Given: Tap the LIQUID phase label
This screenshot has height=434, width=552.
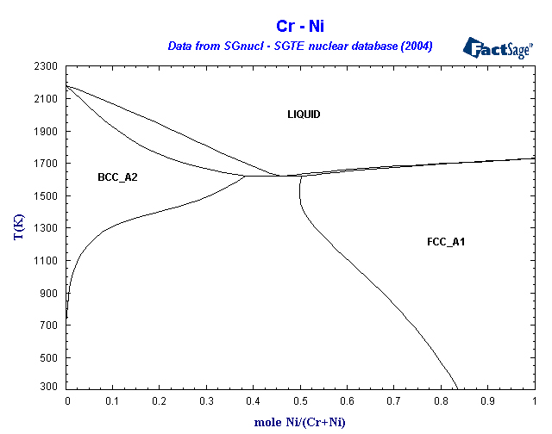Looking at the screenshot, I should [304, 115].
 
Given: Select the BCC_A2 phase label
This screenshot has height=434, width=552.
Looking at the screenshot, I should [118, 177].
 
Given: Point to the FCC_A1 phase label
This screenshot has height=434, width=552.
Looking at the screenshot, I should [446, 242].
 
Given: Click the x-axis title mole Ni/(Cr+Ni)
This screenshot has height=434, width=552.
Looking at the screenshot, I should [300, 423].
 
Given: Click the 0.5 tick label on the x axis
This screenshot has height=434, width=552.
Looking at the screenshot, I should [301, 401].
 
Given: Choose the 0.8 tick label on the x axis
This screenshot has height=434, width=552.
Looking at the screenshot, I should [441, 401].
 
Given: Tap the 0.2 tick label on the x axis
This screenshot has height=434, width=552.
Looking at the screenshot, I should [160, 401].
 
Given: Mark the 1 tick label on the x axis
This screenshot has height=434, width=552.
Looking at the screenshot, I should [535, 401].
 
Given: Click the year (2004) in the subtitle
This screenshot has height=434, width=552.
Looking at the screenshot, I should [413, 45].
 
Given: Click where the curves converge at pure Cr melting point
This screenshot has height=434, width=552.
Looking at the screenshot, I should [67, 85].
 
